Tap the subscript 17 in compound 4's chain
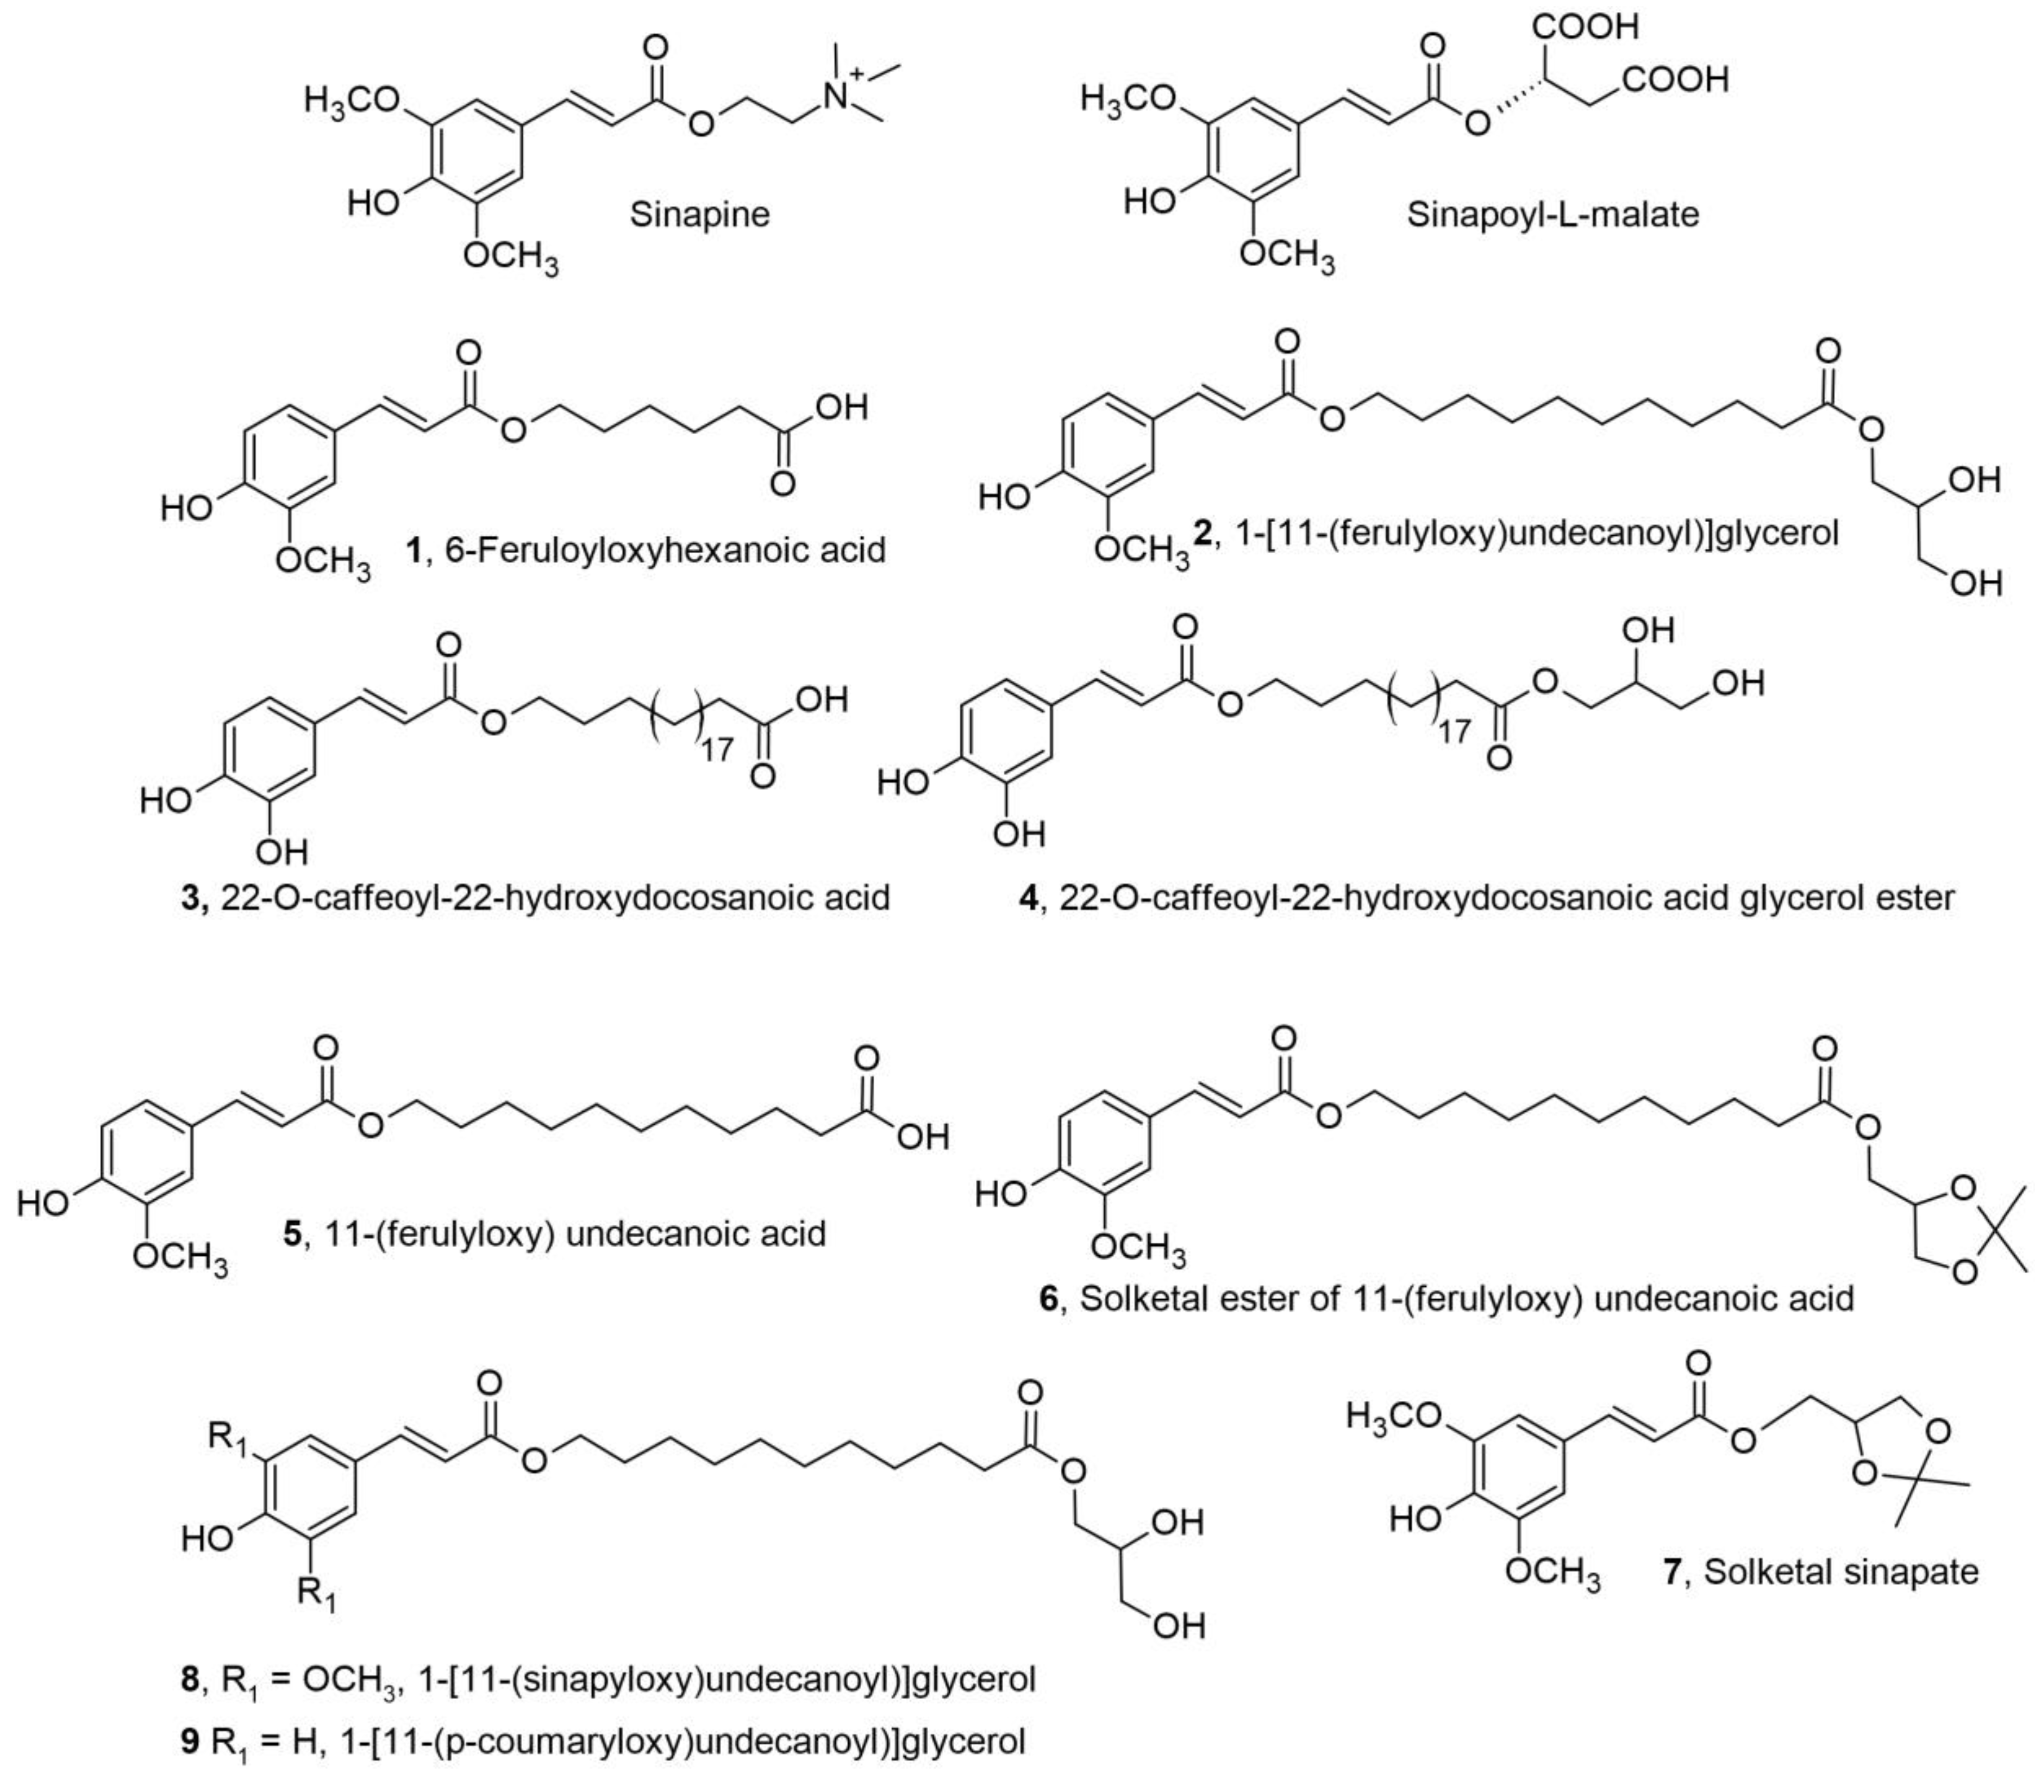coord(1455,732)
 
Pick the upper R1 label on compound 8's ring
coord(228,1439)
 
